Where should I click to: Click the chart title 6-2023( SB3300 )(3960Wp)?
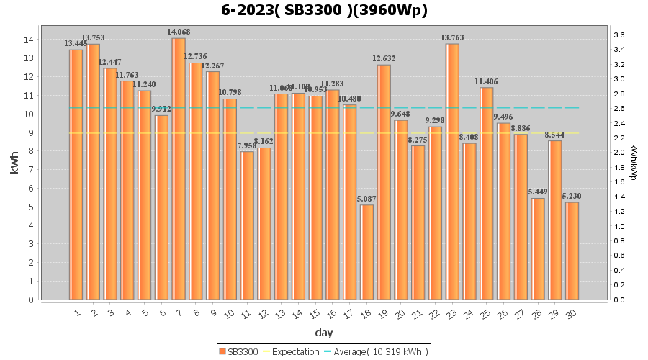pyautogui.click(x=324, y=10)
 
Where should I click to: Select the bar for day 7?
pyautogui.click(x=179, y=168)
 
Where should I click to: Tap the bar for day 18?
pyautogui.click(x=366, y=252)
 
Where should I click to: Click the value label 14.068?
pyautogui.click(x=179, y=32)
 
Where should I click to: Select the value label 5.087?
pyautogui.click(x=366, y=199)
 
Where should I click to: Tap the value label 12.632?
pyautogui.click(x=384, y=58)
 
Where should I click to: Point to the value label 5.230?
pyautogui.click(x=572, y=196)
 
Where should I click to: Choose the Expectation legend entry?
pyautogui.click(x=291, y=351)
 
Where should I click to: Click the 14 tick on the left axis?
pyautogui.click(x=29, y=40)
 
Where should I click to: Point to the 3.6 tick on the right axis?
pyautogui.click(x=618, y=35)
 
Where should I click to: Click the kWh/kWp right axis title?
pyautogui.click(x=633, y=163)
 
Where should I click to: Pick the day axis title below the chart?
pyautogui.click(x=324, y=333)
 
